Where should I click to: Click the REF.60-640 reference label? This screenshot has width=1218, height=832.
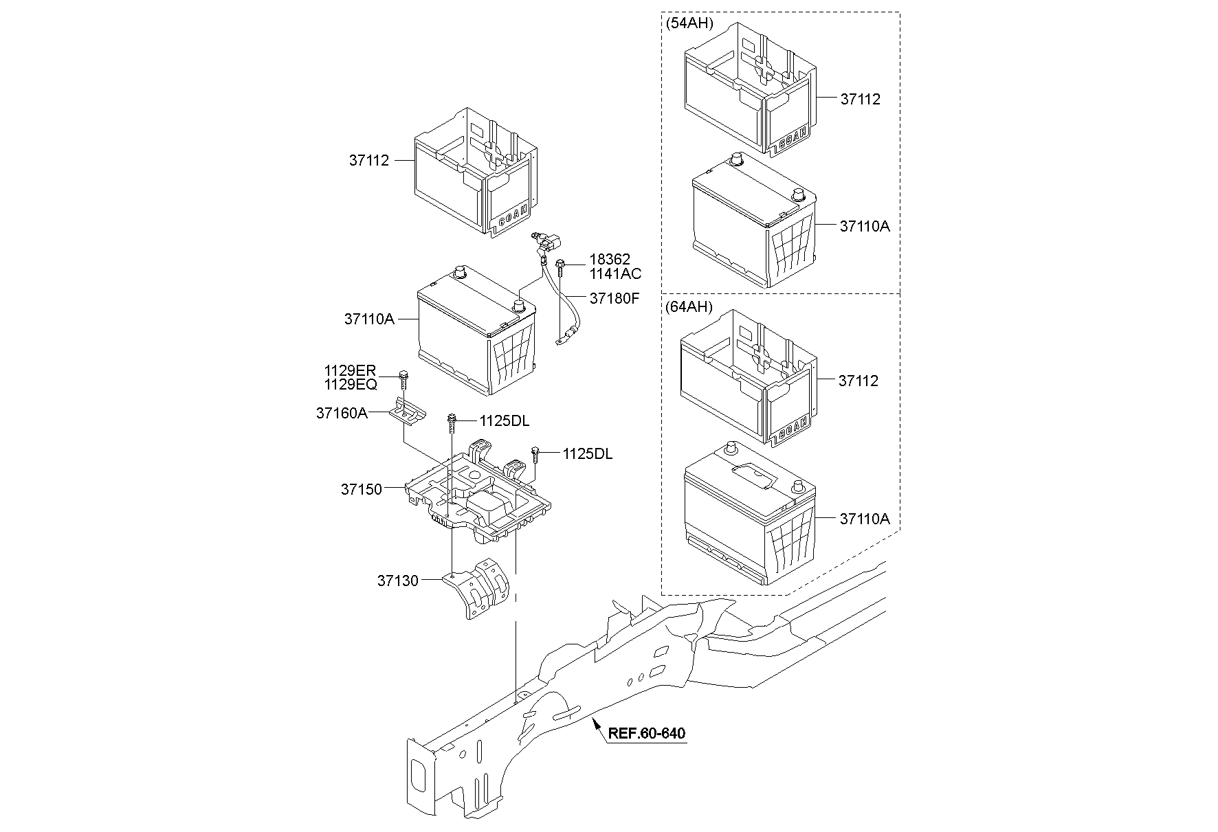click(647, 734)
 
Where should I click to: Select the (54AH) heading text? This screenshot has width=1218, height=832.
click(689, 23)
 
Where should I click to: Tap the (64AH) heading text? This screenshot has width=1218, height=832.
click(689, 306)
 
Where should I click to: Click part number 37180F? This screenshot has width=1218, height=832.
click(614, 299)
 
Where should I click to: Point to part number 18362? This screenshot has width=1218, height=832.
click(609, 260)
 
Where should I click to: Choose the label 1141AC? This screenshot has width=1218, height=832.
click(615, 273)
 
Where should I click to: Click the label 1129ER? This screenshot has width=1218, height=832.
click(351, 371)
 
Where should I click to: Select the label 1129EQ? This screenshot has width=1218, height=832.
click(351, 385)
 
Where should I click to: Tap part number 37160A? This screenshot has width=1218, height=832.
click(342, 413)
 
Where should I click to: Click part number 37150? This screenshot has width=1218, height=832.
click(362, 490)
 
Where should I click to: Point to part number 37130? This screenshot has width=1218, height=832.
click(397, 581)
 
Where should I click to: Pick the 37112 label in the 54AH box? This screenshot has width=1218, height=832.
click(861, 99)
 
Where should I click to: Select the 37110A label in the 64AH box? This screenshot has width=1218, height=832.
click(865, 519)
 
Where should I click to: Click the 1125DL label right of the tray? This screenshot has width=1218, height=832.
click(588, 454)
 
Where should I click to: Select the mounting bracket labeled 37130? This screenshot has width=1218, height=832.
click(478, 587)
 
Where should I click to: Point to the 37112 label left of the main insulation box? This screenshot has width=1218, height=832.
click(369, 161)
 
